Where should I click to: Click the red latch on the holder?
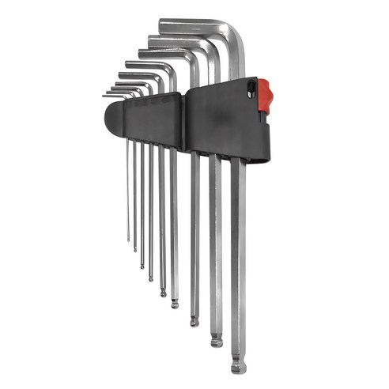(x=265, y=95)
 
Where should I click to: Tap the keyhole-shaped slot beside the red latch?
(x=251, y=89)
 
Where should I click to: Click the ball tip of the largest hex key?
(x=238, y=366)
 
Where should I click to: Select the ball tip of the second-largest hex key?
(x=216, y=341)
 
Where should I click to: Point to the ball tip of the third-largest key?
(x=194, y=321)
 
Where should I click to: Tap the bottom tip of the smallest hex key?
(x=128, y=240)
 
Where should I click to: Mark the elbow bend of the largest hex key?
(x=236, y=32)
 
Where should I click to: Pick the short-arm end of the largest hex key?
(x=161, y=23)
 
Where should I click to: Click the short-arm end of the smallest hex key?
(x=104, y=95)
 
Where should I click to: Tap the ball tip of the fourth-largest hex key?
(x=175, y=303)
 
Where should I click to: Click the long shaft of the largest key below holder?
(x=238, y=261)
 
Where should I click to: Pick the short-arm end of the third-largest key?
(x=140, y=52)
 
